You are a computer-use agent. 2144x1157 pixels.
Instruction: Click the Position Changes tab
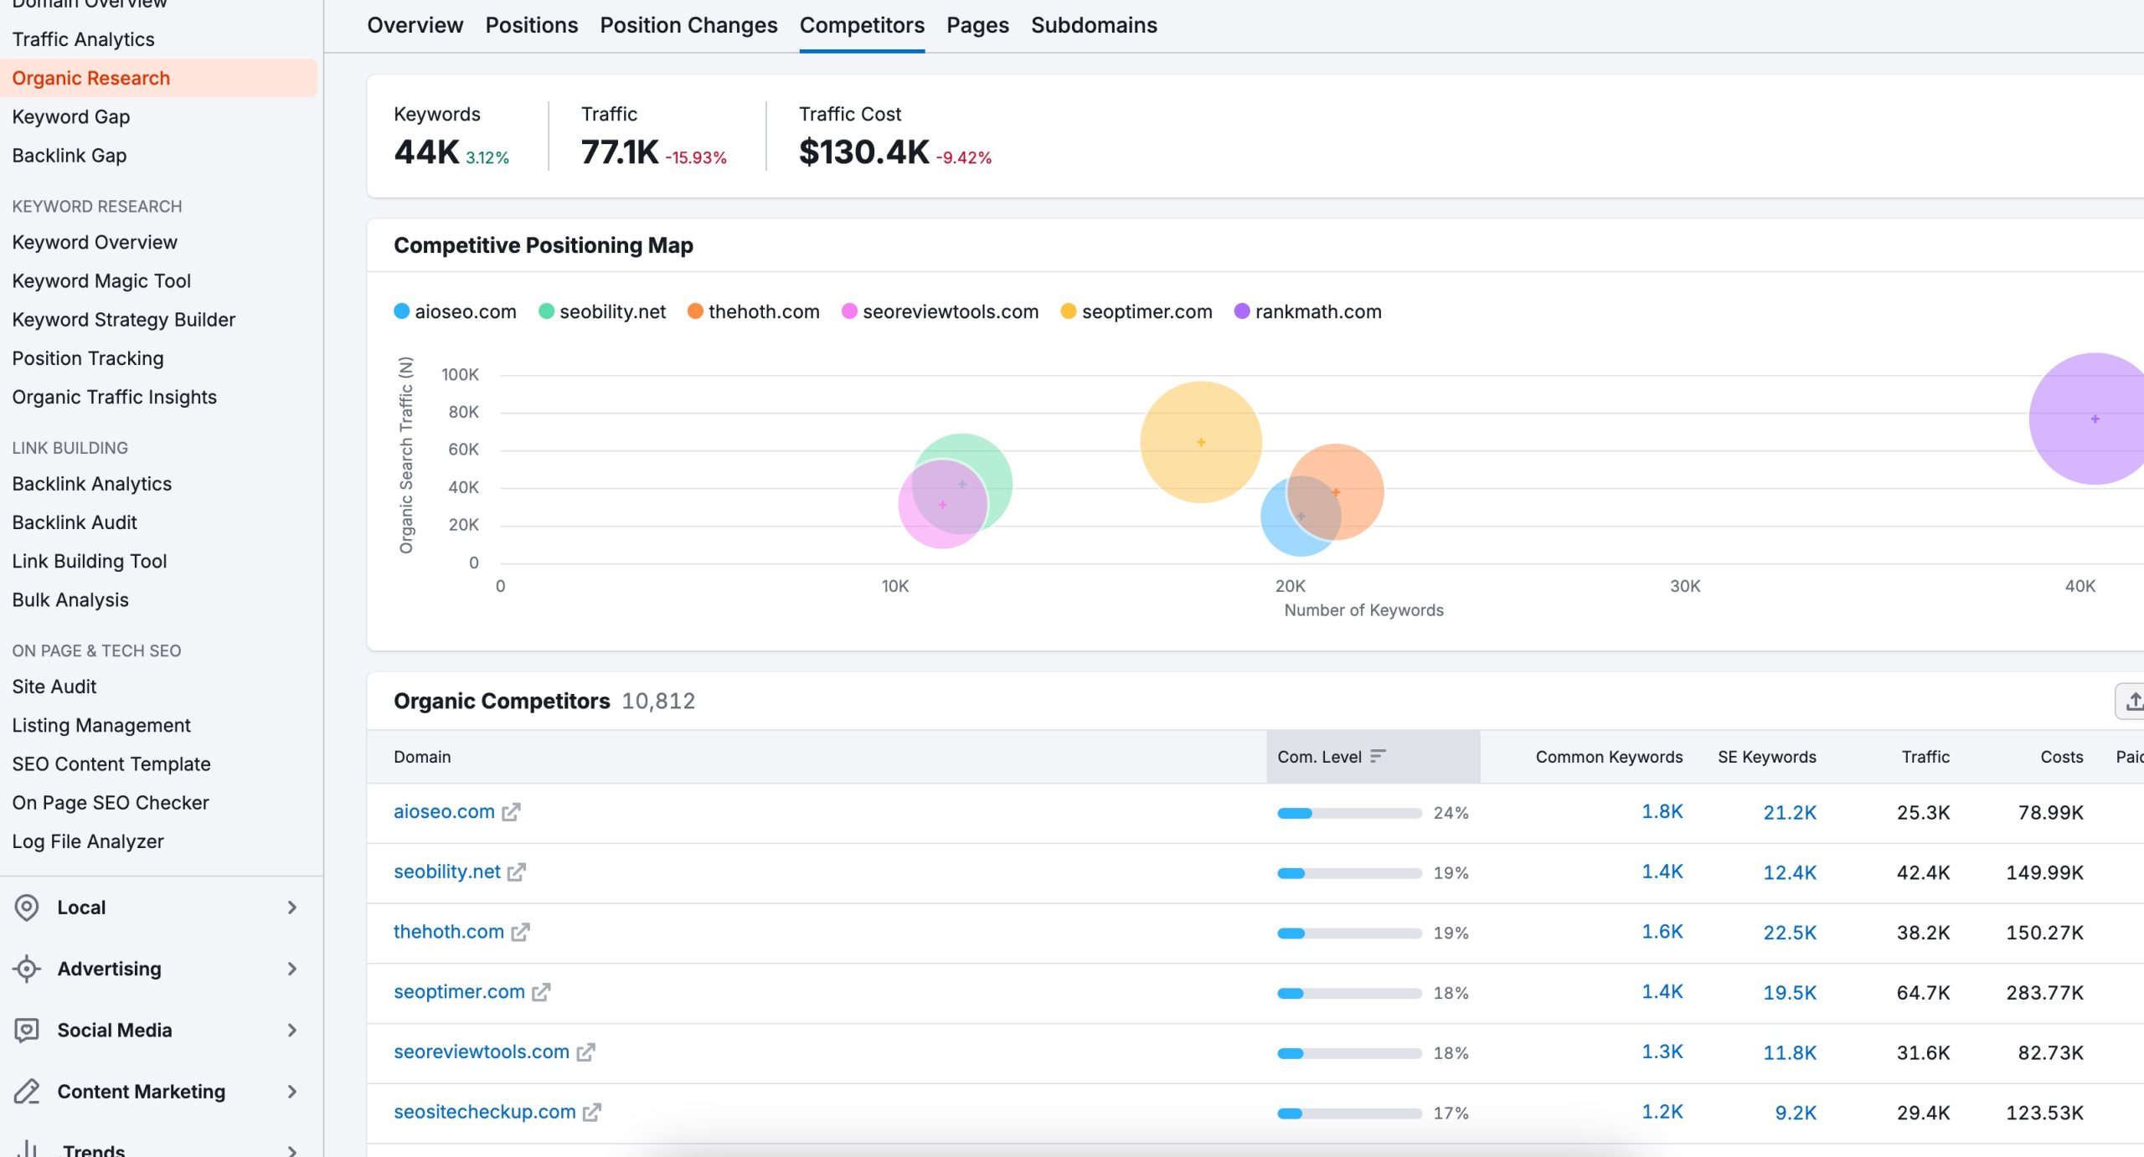tap(688, 25)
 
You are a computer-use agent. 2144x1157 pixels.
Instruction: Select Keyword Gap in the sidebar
tap(71, 116)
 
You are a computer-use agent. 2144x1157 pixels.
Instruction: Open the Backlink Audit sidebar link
tap(75, 522)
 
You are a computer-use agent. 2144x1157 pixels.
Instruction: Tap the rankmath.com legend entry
tap(1307, 311)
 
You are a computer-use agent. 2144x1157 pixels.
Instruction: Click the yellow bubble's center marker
tap(1201, 442)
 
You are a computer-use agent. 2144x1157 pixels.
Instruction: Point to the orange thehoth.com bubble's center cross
tap(1336, 492)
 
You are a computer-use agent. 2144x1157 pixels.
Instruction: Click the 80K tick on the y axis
tap(463, 412)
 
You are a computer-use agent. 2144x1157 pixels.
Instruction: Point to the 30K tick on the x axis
tap(1685, 586)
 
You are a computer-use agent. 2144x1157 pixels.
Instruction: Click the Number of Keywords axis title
tap(1363, 610)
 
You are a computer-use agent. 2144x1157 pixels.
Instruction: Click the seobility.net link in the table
tap(447, 872)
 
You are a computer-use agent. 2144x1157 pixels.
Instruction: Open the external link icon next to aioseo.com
tap(511, 812)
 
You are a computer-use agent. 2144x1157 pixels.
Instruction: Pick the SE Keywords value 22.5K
tap(1790, 933)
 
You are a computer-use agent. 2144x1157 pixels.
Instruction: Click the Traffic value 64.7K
tap(1923, 993)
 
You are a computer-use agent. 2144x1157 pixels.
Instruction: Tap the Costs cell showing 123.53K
tap(2044, 1113)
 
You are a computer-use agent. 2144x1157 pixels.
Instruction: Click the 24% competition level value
tap(1451, 813)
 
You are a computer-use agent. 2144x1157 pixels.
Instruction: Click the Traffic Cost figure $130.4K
tap(863, 152)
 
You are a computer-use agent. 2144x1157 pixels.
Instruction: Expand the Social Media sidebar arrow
tap(292, 1031)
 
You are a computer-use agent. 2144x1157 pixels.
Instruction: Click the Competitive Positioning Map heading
tap(544, 245)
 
